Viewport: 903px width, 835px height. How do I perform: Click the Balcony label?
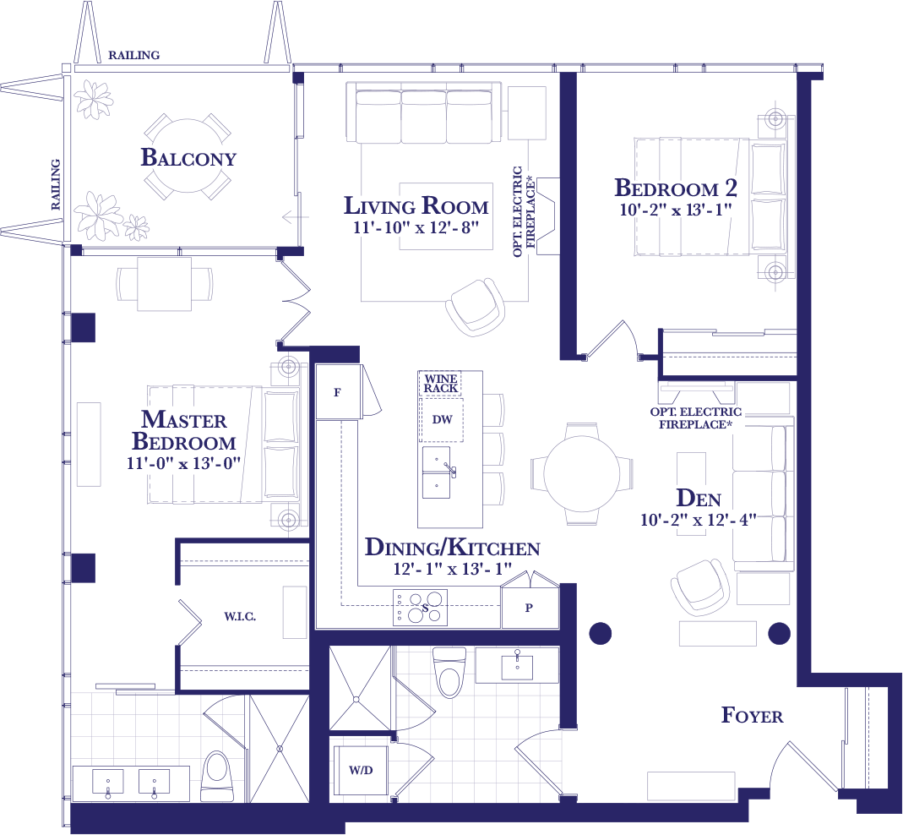coord(188,157)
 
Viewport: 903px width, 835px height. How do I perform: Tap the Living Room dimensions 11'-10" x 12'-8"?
coord(416,227)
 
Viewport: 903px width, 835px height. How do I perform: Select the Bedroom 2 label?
coord(676,188)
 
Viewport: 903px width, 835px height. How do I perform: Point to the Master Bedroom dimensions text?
coord(183,463)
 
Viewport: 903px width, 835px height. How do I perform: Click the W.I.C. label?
coord(240,617)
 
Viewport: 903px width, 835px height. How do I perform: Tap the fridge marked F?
coord(339,392)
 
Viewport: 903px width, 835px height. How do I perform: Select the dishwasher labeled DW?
coord(443,419)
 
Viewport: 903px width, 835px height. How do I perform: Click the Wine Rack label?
coord(441,383)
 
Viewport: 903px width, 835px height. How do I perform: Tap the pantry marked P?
coord(530,607)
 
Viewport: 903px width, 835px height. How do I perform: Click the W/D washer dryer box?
coord(361,771)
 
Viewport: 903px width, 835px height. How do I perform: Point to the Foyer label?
coord(752,715)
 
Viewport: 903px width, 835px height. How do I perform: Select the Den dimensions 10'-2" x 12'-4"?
coord(698,520)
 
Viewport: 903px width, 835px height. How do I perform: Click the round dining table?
coord(582,473)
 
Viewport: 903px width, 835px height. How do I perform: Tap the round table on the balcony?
coord(188,156)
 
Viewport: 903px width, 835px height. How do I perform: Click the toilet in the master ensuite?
coord(217,776)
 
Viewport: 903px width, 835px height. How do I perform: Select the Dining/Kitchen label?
coord(453,548)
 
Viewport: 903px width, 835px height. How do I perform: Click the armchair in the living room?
coord(475,308)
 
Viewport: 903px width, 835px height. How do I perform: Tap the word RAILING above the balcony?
coord(134,55)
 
